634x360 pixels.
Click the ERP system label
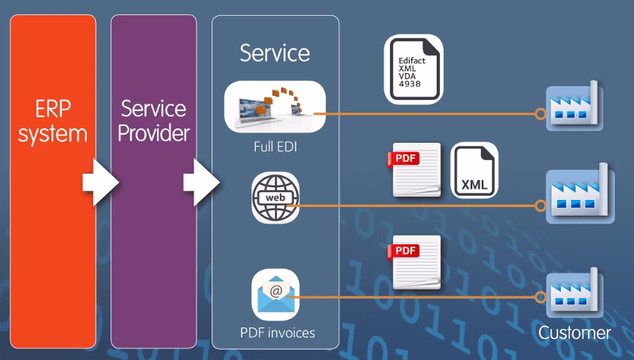pos(52,121)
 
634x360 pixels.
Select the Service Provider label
pos(153,121)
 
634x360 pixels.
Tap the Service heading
pos(275,53)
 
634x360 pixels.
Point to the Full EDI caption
pos(275,146)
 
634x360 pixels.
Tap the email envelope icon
pos(275,293)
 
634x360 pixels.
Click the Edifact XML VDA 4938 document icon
pos(414,70)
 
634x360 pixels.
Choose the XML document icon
pos(475,170)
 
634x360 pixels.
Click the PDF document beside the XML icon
pos(415,170)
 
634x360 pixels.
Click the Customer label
pos(575,332)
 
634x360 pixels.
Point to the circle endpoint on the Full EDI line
pos(540,114)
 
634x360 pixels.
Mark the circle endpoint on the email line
pos(540,297)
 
